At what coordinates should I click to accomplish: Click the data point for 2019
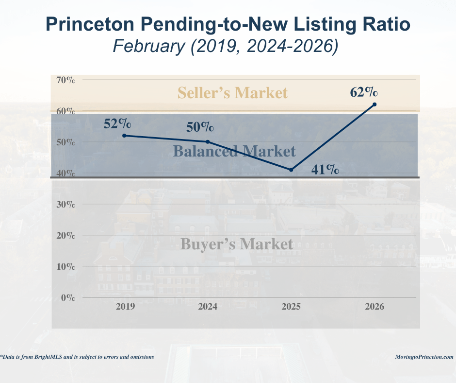[x=124, y=136]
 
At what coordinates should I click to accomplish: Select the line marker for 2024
[x=208, y=142]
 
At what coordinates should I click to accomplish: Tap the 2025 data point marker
[x=291, y=170]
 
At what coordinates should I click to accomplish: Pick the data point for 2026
[x=375, y=104]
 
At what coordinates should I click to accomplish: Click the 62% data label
[x=364, y=91]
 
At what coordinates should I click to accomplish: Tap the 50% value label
[x=200, y=127]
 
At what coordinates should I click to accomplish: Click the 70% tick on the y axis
[x=65, y=80]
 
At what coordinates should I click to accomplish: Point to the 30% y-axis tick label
[x=65, y=204]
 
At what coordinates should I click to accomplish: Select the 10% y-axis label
[x=65, y=266]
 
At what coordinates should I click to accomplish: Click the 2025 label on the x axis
[x=291, y=307]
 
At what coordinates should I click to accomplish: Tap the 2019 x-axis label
[x=125, y=307]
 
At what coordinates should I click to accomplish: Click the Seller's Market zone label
[x=232, y=92]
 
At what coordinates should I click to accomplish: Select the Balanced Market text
[x=234, y=151]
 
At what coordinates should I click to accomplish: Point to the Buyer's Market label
[x=237, y=244]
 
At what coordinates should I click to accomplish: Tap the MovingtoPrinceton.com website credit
[x=424, y=357]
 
